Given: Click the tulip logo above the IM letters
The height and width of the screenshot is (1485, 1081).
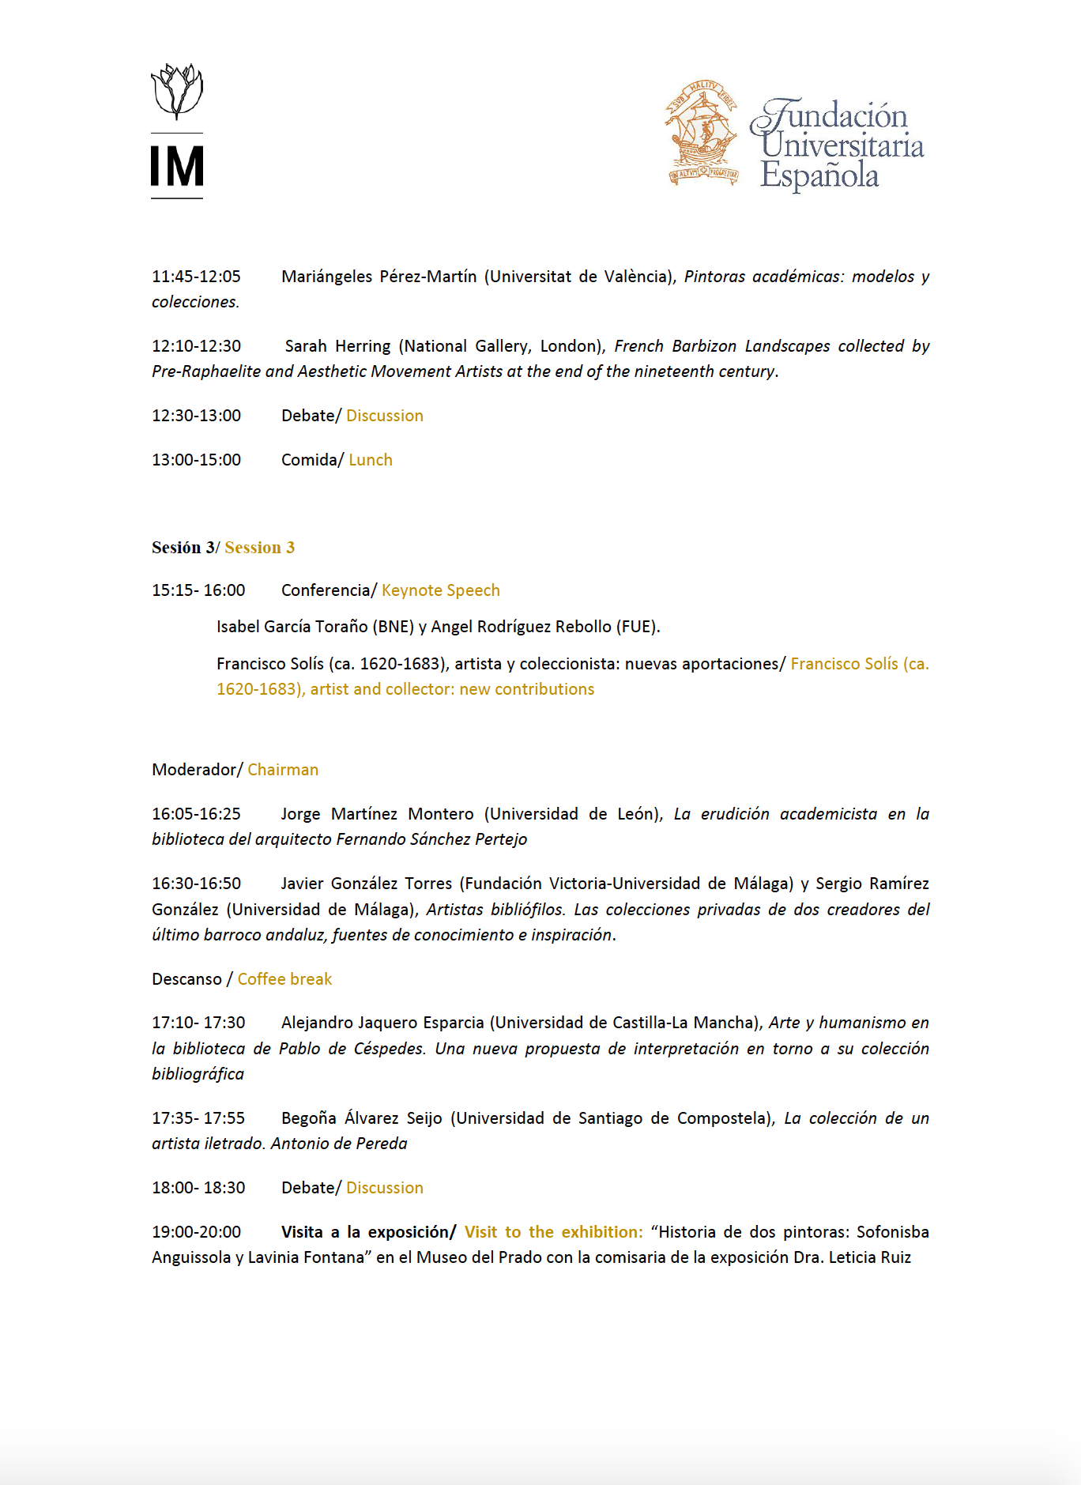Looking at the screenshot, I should (177, 91).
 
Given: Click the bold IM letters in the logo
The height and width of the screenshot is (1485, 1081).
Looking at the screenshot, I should (177, 167).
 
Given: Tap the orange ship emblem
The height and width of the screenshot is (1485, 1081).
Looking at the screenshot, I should (702, 133).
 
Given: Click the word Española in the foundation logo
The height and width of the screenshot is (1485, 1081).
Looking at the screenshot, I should (819, 175).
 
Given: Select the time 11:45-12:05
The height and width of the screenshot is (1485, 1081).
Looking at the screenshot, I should (196, 277).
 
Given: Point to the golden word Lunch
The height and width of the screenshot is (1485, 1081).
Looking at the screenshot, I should (371, 460).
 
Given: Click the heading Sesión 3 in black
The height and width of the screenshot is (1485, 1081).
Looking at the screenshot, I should (183, 548).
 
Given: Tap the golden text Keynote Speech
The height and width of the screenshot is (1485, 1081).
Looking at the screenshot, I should (441, 590).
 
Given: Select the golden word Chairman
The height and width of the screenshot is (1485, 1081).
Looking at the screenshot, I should (283, 770).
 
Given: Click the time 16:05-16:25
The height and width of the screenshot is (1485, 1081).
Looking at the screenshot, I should (196, 814).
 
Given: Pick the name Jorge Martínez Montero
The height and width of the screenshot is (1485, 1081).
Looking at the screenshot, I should (378, 814).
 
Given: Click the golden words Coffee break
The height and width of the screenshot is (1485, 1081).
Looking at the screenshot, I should (284, 979).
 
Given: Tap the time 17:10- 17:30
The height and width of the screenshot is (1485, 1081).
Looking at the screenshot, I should (198, 1023).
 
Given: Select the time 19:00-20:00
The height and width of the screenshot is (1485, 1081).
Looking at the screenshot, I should (196, 1232).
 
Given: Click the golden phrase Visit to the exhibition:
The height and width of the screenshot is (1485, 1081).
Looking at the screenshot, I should (553, 1232).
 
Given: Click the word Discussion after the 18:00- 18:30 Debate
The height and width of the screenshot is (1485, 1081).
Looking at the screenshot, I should (385, 1188).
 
